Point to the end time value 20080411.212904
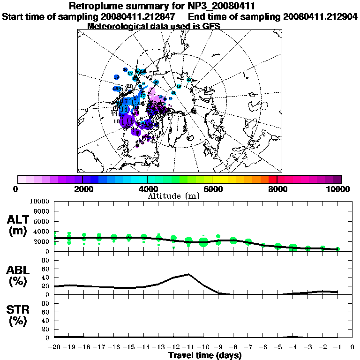(x=320, y=16)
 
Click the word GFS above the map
(x=211, y=26)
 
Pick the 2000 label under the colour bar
(x=82, y=189)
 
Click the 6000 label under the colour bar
(x=212, y=189)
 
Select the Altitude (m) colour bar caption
(x=180, y=195)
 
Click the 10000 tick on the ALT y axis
(x=39, y=201)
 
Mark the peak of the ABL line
(x=188, y=274)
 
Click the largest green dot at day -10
(x=203, y=242)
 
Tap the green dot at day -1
(x=338, y=249)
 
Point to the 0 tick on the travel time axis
(x=352, y=347)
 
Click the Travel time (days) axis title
(x=205, y=355)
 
